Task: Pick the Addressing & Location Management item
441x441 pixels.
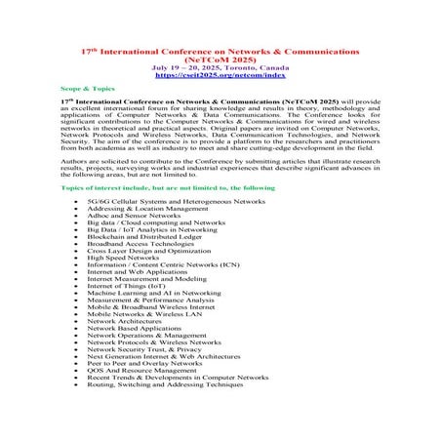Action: (x=146, y=209)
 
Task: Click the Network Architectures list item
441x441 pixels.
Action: (x=128, y=335)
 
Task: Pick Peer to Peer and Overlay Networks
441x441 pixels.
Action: (x=145, y=382)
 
